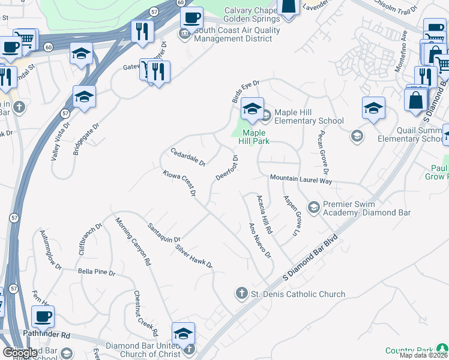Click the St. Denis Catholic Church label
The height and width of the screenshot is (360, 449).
click(298, 294)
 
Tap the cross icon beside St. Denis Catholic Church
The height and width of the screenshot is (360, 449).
click(241, 293)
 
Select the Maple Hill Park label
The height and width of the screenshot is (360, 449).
click(255, 137)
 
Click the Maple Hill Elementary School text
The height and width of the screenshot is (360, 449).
click(309, 116)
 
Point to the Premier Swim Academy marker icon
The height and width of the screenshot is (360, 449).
click(313, 208)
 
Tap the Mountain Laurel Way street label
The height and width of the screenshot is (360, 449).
click(301, 179)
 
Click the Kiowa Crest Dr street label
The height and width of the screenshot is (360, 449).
click(179, 183)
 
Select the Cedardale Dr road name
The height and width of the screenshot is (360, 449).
click(188, 157)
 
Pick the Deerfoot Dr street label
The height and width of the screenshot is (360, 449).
click(228, 167)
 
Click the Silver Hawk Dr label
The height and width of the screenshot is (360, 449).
click(194, 256)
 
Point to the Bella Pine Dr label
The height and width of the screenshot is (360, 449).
click(96, 272)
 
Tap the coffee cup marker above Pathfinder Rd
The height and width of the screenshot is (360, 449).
click(43, 316)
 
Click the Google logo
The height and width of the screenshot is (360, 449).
click(19, 353)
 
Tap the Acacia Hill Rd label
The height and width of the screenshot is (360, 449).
click(265, 214)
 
